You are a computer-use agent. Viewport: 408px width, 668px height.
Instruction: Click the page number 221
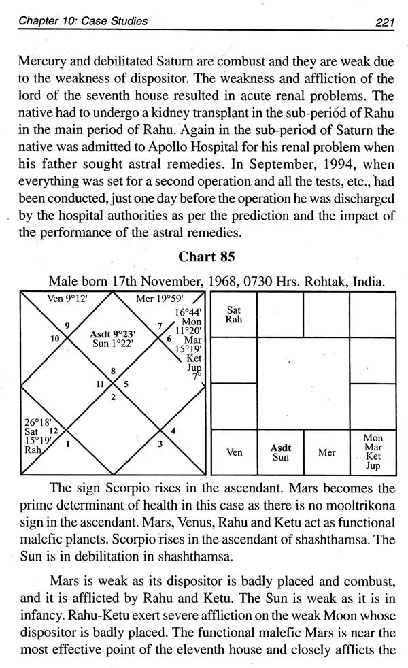[386, 21]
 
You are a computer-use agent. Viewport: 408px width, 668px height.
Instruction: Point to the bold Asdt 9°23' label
[114, 334]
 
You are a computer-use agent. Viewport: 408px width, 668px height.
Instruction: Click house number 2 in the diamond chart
[112, 397]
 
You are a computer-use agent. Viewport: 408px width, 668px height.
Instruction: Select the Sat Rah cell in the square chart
[234, 315]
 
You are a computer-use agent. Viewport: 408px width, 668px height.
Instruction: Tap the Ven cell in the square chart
[234, 452]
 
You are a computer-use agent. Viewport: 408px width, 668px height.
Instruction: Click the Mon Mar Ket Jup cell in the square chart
[373, 452]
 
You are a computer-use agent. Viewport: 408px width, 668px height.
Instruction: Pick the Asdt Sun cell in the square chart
[281, 452]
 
